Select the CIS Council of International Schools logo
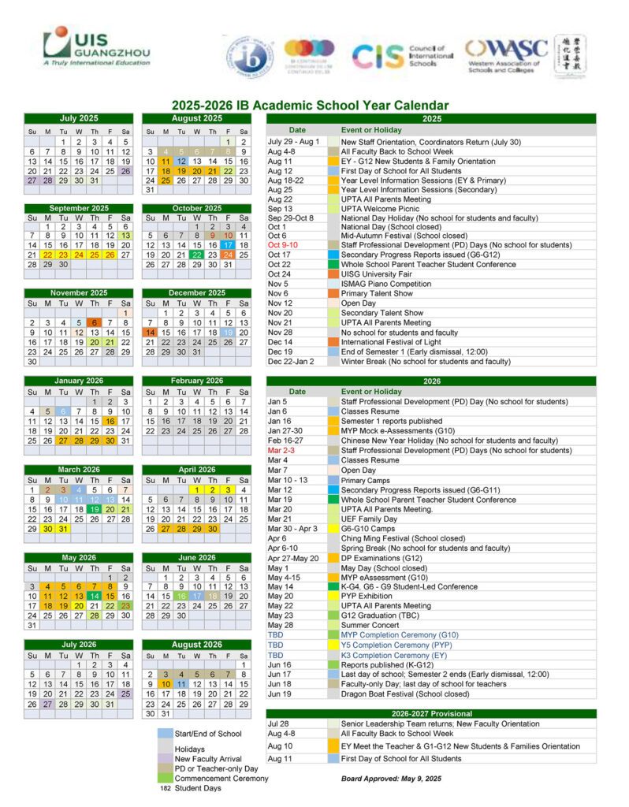(x=403, y=55)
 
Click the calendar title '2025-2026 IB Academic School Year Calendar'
(x=311, y=106)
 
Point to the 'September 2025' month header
(x=79, y=208)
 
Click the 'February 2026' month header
(x=196, y=381)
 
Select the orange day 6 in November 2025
(x=94, y=322)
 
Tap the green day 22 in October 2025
(x=196, y=255)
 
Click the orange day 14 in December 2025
(x=150, y=332)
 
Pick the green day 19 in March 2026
(x=94, y=508)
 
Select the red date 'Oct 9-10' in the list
(x=283, y=245)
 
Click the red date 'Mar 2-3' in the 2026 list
(x=281, y=450)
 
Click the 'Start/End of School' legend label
(x=208, y=734)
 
